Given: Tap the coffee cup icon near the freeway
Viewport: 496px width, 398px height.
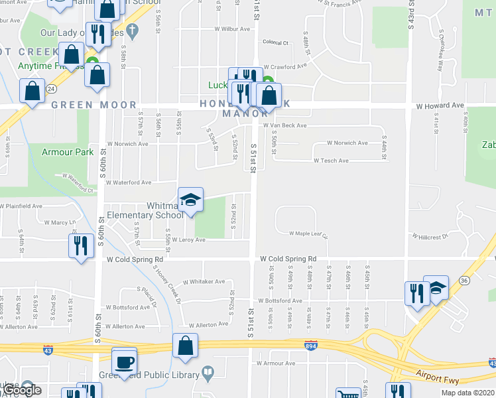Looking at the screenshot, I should [124, 362].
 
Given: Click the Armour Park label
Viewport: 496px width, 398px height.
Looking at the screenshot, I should [68, 152].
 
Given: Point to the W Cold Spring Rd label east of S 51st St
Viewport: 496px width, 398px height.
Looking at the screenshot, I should [288, 259].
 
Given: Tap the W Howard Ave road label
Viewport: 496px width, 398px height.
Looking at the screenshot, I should [440, 105].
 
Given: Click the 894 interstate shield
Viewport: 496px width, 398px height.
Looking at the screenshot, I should [310, 346].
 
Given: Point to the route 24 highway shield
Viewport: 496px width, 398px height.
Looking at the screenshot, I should [51, 88].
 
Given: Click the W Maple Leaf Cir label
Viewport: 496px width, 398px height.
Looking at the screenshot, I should [308, 233].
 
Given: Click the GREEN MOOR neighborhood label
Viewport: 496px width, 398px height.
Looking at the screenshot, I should [93, 105].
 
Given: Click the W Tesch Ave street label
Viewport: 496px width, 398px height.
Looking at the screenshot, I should [331, 161].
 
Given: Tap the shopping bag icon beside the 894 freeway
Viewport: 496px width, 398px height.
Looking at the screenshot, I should [185, 345].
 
